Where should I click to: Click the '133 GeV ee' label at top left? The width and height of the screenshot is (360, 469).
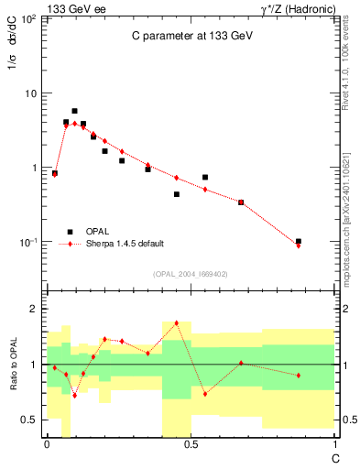[69, 7]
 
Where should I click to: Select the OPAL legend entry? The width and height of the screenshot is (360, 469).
[96, 232]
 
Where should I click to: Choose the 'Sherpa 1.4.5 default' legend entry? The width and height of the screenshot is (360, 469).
[125, 244]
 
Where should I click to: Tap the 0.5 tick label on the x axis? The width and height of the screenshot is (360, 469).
[191, 443]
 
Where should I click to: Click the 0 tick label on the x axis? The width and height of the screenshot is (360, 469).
[47, 443]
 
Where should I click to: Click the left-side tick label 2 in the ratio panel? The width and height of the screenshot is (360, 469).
[34, 309]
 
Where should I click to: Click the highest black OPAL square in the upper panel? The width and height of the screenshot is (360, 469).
[74, 111]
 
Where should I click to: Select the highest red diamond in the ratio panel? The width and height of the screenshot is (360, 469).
[176, 322]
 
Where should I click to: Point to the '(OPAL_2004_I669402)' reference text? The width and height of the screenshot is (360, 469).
[191, 273]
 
